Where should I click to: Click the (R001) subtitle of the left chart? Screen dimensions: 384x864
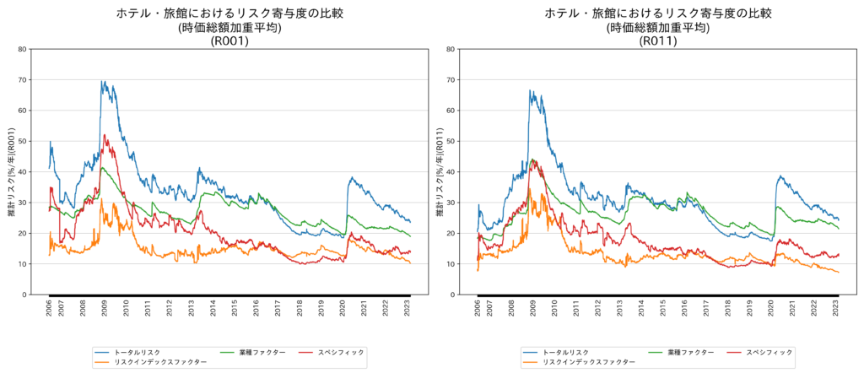coord(229,41)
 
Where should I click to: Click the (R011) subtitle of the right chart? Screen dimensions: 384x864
coord(658,41)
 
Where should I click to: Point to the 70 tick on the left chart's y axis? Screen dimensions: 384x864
coord(23,80)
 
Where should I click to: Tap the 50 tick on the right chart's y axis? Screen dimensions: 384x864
coord(451,141)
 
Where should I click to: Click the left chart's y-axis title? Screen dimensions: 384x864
coord(11,172)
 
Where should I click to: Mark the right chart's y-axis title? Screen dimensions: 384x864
coord(440,172)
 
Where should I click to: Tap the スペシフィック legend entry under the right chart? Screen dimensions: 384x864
coord(769,352)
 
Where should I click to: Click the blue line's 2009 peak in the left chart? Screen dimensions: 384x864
coord(102,81)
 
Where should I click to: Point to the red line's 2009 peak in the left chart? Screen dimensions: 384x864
coord(105,135)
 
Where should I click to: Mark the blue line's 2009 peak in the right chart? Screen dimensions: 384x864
coord(530,90)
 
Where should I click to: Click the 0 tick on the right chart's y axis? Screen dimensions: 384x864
coord(453,295)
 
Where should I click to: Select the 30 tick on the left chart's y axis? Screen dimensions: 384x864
coord(23,203)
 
